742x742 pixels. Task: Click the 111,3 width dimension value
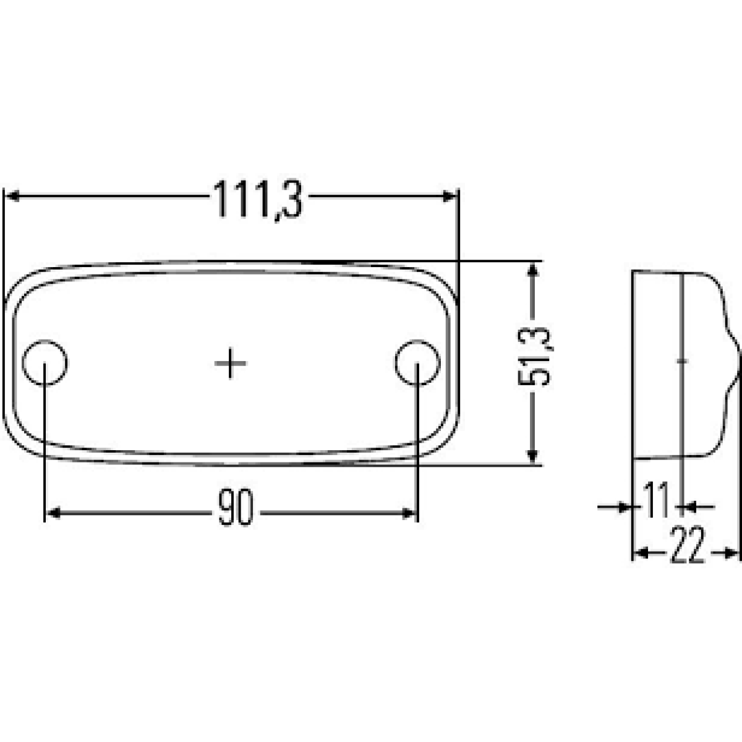coord(258,200)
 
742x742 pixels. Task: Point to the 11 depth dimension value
coord(656,499)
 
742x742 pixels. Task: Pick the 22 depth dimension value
coord(688,544)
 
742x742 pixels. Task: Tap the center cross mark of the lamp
coord(230,363)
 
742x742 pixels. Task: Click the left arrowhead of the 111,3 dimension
coord(12,197)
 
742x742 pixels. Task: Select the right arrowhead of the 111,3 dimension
coord(450,197)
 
